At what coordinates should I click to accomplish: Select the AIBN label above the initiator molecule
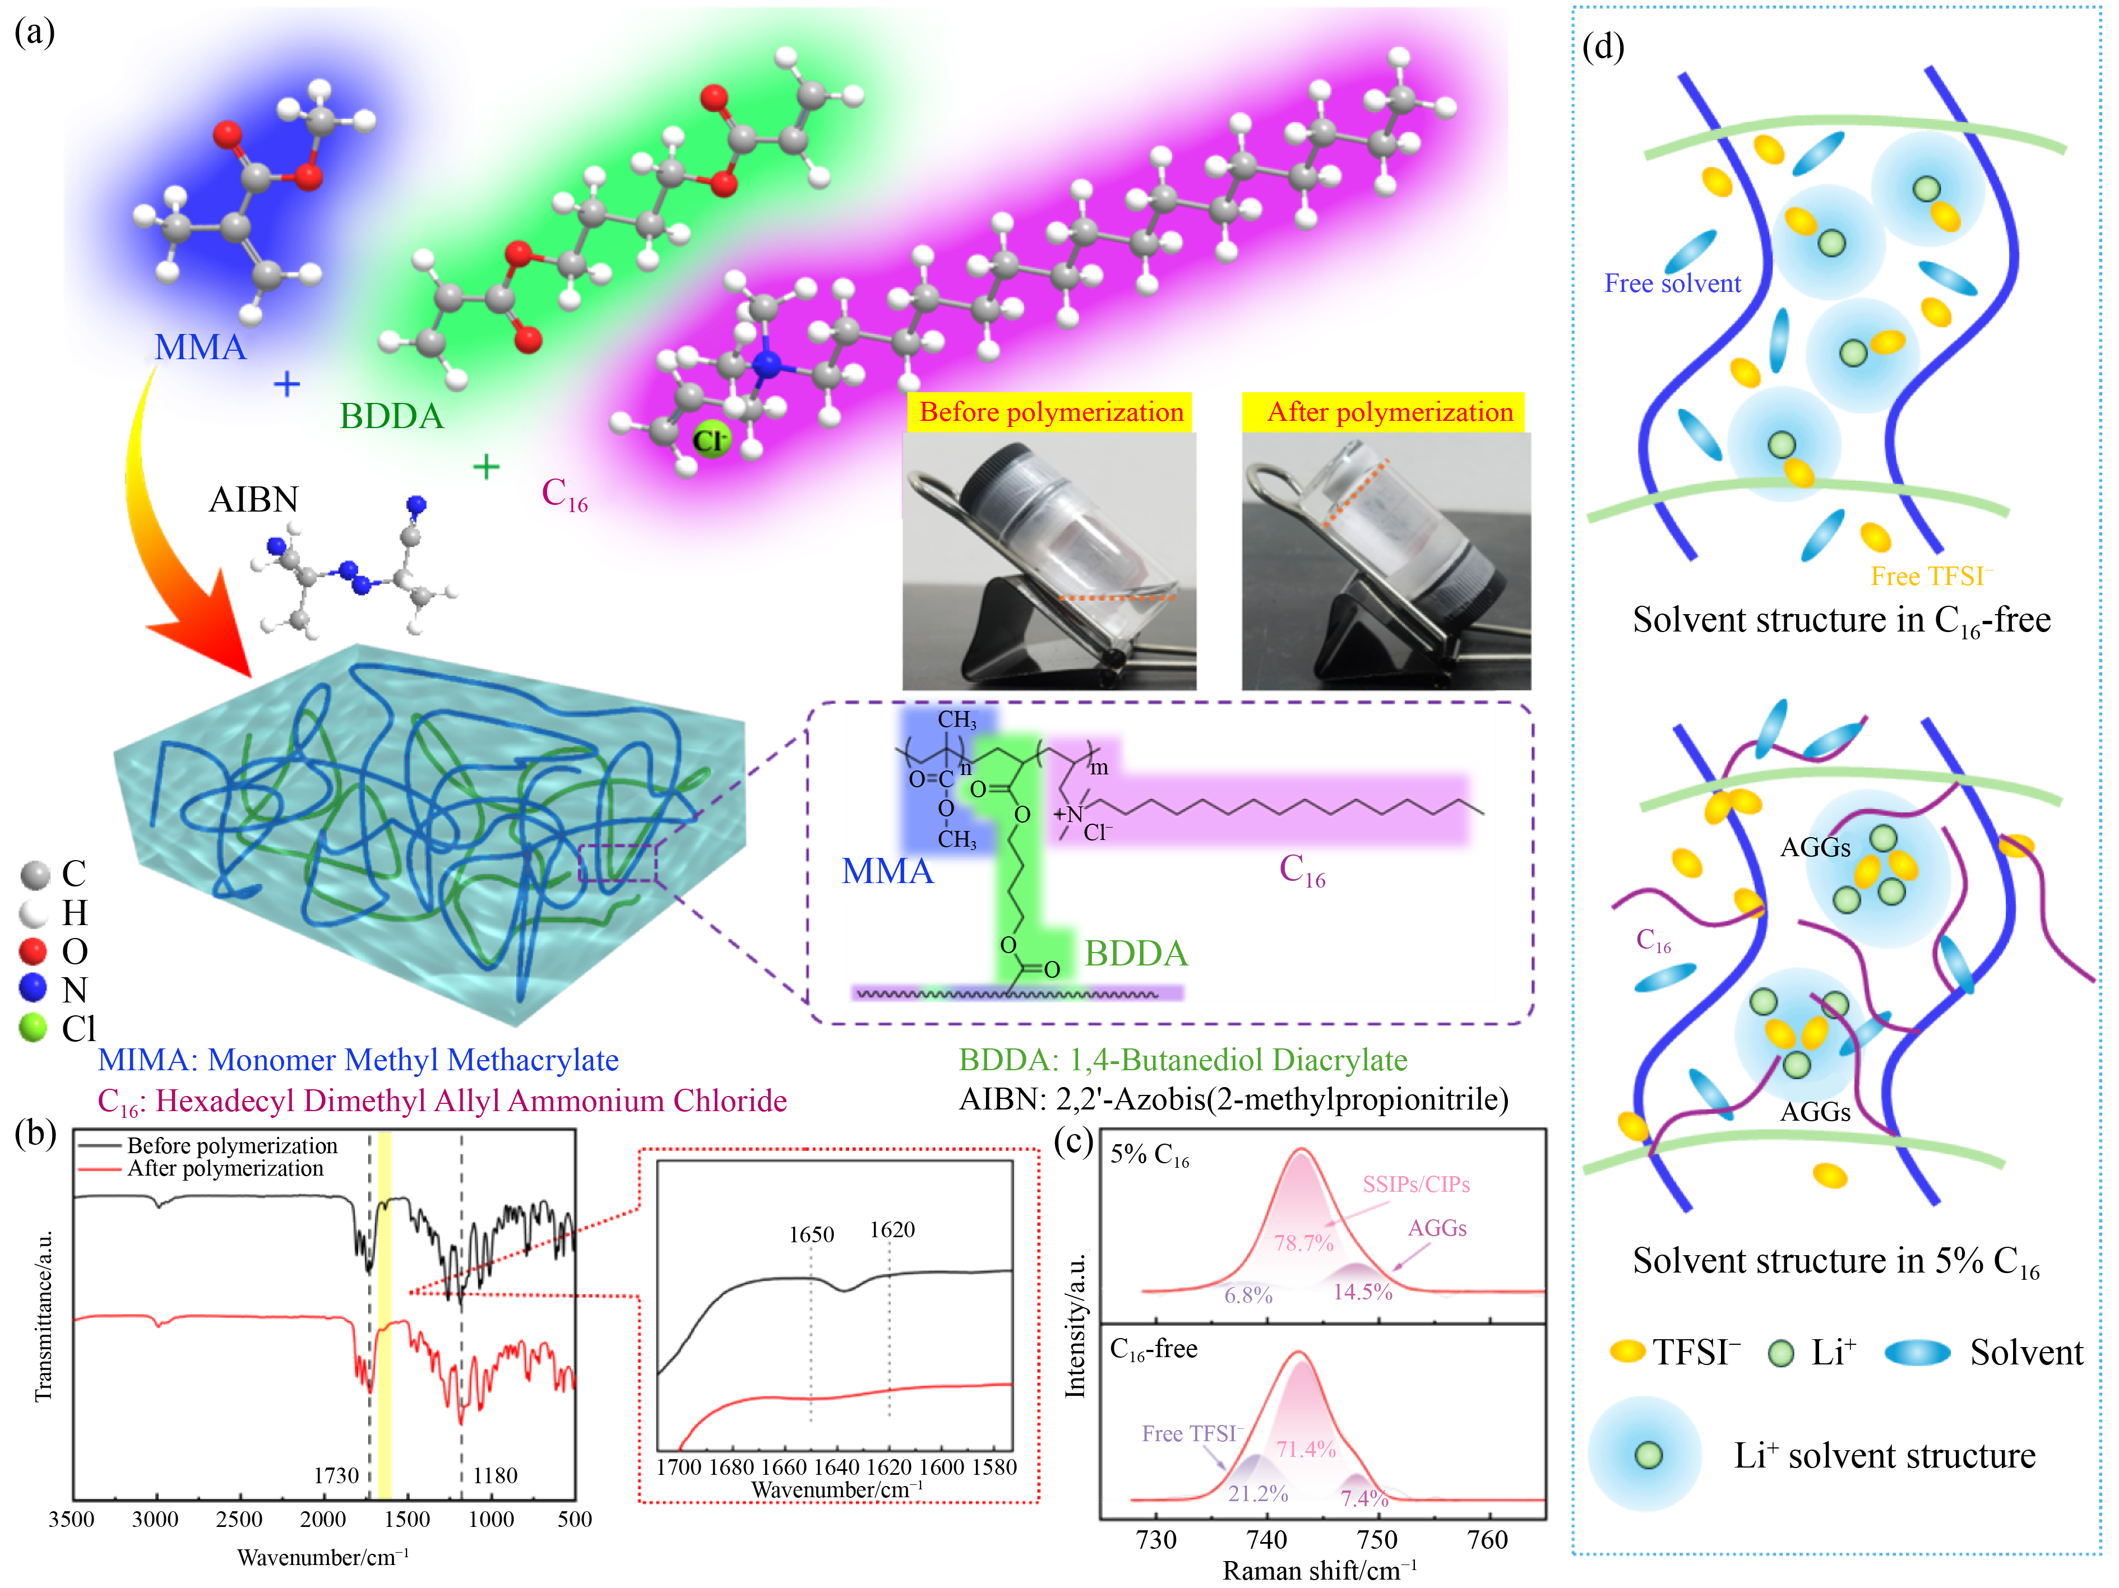coord(254,499)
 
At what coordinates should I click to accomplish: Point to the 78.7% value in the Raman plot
coord(1303,1243)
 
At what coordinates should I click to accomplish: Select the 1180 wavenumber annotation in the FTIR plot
coord(494,1475)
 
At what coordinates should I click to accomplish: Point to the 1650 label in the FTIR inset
coord(811,1234)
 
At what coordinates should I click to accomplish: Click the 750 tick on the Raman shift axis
coord(1377,1540)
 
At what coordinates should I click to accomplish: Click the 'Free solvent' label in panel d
coord(1673,284)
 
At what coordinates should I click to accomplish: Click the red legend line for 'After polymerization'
coord(100,1169)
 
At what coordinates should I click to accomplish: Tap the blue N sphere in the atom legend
coord(34,987)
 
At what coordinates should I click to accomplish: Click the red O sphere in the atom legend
coord(34,950)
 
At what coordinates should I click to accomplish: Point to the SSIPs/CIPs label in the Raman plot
coord(1416,1185)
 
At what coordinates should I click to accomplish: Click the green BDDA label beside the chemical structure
coord(1136,953)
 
